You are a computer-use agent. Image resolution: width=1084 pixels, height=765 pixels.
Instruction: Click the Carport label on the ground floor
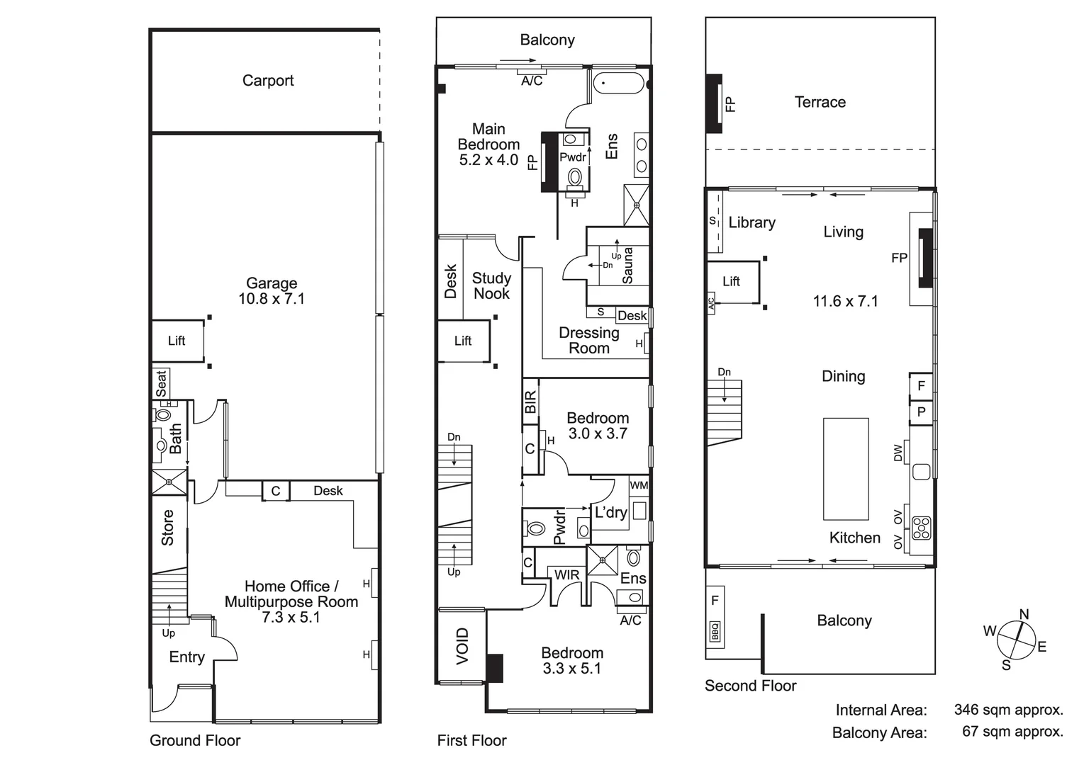[268, 81]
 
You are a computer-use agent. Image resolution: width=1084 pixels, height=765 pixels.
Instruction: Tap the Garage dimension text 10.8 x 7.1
[272, 299]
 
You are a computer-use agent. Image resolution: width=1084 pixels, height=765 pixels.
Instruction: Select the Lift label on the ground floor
[177, 341]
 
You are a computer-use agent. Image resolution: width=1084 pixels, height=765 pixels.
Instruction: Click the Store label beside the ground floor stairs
[168, 528]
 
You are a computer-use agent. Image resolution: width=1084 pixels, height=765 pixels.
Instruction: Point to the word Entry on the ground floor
[186, 657]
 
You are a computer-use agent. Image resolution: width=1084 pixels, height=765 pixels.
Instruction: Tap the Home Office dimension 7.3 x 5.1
[291, 618]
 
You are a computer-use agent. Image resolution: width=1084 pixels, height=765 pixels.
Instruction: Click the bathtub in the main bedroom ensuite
[618, 83]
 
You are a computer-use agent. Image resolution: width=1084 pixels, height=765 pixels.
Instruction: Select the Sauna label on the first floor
[627, 266]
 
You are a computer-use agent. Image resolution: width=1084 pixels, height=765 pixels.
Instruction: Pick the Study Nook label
[491, 286]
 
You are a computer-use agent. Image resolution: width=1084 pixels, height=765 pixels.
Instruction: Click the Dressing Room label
[589, 341]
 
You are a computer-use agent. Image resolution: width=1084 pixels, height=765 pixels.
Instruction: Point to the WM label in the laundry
[639, 485]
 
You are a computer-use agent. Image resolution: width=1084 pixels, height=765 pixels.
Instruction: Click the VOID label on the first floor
[462, 646]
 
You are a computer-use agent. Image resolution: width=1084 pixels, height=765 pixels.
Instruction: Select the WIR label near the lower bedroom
[566, 575]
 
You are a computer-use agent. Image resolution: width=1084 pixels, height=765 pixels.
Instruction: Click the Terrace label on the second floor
[820, 102]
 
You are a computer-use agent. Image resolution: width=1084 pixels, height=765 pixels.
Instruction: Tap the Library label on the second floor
[751, 222]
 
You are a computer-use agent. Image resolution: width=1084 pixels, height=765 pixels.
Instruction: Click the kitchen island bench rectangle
[846, 469]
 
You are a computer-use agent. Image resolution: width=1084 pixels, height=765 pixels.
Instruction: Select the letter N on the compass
[1024, 614]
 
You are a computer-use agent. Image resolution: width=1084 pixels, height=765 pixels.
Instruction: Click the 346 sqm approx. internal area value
[1008, 710]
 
